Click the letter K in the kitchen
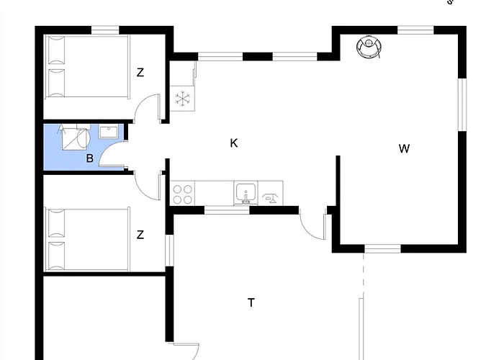pyautogui.click(x=234, y=143)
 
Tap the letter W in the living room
pyautogui.click(x=404, y=148)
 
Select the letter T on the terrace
pyautogui.click(x=251, y=302)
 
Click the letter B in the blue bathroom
pyautogui.click(x=90, y=158)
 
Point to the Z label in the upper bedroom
pyautogui.click(x=140, y=73)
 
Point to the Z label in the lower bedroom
pyautogui.click(x=140, y=235)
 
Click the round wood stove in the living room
pyautogui.click(x=369, y=46)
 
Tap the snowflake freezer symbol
pyautogui.click(x=183, y=99)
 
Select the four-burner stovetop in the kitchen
pyautogui.click(x=183, y=193)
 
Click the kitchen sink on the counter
pyautogui.click(x=246, y=193)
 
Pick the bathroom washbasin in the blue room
pyautogui.click(x=108, y=132)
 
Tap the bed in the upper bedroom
pyautogui.click(x=88, y=66)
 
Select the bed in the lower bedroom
pyautogui.click(x=88, y=240)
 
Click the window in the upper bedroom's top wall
pyautogui.click(x=105, y=30)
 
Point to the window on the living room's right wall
pyautogui.click(x=462, y=105)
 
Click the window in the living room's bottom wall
pyautogui.click(x=382, y=248)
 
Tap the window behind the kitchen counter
pyautogui.click(x=227, y=210)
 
